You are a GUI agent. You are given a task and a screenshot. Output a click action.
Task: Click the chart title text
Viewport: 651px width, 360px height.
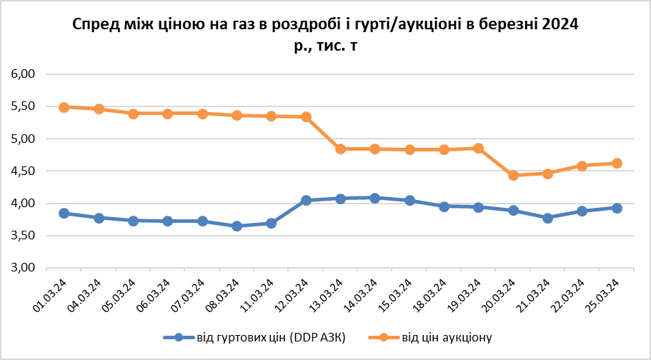tap(325, 34)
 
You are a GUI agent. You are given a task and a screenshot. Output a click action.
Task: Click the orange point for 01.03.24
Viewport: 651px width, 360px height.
tap(64, 107)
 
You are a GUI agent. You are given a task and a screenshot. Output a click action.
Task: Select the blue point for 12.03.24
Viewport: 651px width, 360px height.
tap(306, 201)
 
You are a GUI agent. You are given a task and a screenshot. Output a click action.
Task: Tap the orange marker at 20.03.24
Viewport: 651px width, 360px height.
tap(513, 175)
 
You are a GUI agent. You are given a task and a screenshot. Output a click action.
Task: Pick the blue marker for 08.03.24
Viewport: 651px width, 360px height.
tap(237, 226)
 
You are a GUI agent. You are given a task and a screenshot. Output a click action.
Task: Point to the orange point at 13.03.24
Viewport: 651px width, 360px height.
tap(341, 149)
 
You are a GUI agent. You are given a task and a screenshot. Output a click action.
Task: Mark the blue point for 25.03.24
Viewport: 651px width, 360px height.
tap(617, 208)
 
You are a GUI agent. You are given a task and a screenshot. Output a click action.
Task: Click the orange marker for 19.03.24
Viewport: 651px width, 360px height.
tap(479, 148)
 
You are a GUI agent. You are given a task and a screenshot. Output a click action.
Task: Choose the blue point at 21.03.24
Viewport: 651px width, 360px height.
tap(547, 218)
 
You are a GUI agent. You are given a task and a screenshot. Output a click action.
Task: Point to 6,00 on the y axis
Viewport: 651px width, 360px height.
tap(22, 74)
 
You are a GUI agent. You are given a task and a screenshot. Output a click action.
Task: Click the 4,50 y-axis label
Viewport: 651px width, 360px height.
tap(22, 171)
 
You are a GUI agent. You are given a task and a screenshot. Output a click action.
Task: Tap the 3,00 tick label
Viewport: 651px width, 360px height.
tap(22, 269)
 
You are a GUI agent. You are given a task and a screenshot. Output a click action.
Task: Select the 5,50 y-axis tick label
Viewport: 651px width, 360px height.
tap(22, 106)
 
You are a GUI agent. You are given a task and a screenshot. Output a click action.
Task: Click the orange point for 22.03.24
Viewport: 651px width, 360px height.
tap(582, 166)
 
